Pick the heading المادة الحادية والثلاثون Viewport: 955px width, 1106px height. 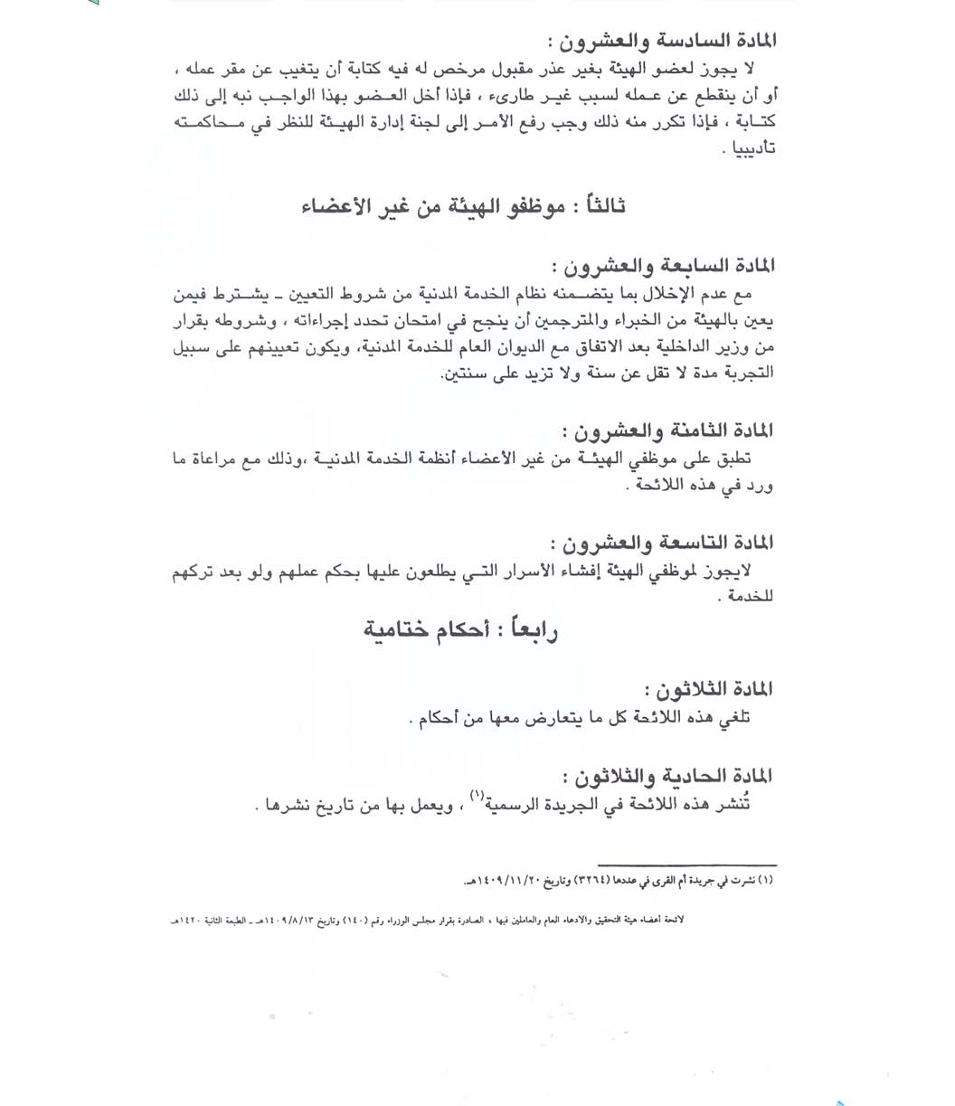coord(670,776)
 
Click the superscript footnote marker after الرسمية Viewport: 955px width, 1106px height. coord(476,796)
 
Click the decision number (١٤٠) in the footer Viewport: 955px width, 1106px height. coord(410,919)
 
